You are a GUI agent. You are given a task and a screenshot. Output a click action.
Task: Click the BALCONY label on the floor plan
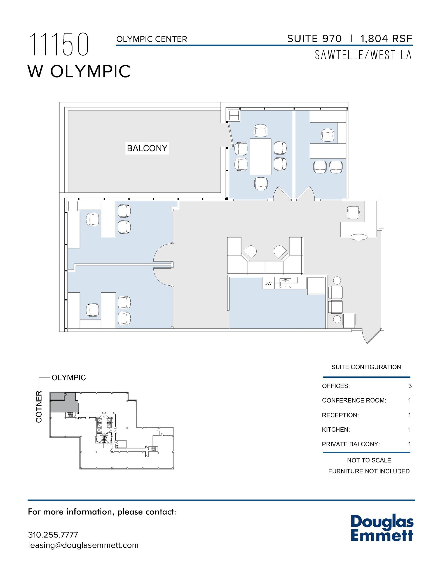[x=147, y=148]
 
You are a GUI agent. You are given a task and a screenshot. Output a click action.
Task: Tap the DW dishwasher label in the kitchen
[x=268, y=283]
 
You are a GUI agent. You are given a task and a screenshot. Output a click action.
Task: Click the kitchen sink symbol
[x=285, y=283]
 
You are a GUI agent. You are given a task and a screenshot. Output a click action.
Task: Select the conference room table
[x=260, y=156]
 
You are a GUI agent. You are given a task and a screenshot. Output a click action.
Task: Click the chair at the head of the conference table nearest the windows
[x=260, y=131]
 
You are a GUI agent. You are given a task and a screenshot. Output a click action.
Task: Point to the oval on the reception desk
[x=358, y=237]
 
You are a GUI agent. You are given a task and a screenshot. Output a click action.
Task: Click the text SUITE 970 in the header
[x=314, y=39]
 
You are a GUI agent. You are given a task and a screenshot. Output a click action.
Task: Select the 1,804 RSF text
[x=386, y=39]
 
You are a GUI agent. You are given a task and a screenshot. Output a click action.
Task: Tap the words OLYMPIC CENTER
[x=151, y=39]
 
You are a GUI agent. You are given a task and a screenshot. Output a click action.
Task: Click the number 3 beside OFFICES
[x=410, y=386]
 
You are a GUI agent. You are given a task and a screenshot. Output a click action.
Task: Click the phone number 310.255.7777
[x=53, y=535]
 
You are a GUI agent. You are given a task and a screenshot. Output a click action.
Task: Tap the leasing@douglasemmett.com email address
[x=83, y=545]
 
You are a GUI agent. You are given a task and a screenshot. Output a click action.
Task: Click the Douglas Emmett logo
[x=382, y=528]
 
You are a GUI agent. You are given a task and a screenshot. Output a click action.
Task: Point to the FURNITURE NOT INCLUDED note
[x=369, y=471]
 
